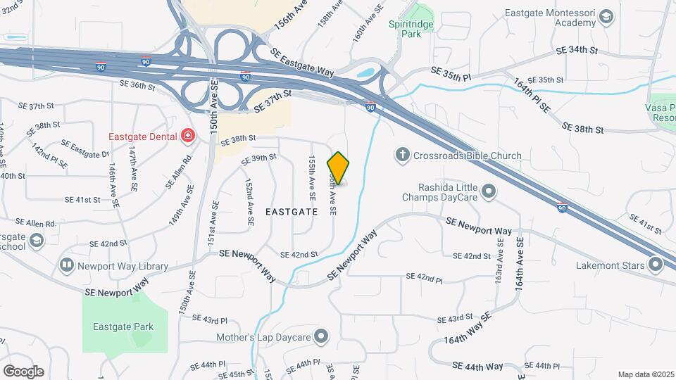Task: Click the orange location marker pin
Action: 339,167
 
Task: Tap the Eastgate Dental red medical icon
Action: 187,135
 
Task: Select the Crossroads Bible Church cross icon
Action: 402,155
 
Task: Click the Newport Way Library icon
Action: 67,265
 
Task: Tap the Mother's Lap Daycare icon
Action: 322,337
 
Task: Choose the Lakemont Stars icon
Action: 656,265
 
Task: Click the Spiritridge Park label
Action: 414,27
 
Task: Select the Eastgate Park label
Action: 123,327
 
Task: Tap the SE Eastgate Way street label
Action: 303,63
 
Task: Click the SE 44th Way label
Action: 478,366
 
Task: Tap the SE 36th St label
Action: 137,84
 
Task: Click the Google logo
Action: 24,371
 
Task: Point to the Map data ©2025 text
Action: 646,374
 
